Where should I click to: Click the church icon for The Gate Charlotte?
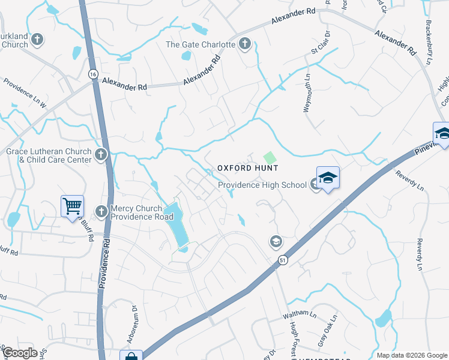pyautogui.click(x=244, y=44)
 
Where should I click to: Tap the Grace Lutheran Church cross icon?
pyautogui.click(x=100, y=155)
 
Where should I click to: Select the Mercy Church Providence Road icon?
pyautogui.click(x=101, y=211)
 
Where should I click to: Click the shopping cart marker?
pyautogui.click(x=72, y=206)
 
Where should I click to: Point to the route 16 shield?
pyautogui.click(x=92, y=74)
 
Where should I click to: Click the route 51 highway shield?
pyautogui.click(x=282, y=260)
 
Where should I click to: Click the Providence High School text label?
pyautogui.click(x=262, y=185)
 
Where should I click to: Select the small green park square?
pyautogui.click(x=270, y=157)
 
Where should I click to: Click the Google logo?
pyautogui.click(x=19, y=353)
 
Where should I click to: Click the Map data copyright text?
pyautogui.click(x=411, y=355)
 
